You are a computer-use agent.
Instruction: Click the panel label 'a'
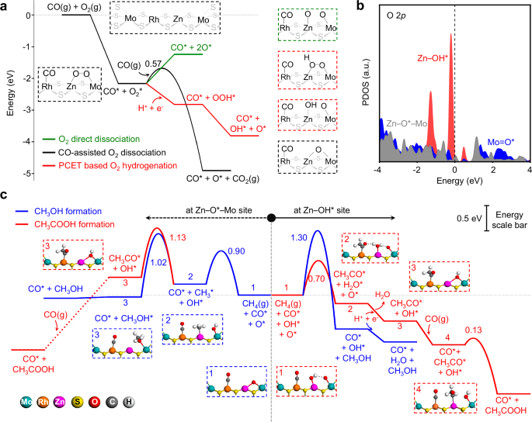click(x=5, y=5)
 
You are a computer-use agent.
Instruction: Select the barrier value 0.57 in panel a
click(x=153, y=62)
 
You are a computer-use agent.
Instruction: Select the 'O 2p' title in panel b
click(x=395, y=18)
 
